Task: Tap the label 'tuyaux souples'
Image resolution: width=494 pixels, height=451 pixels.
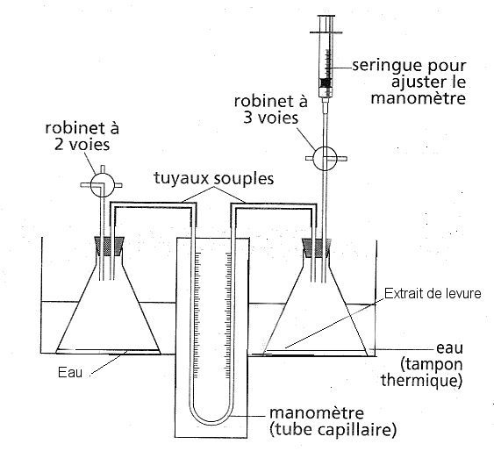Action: click(x=214, y=178)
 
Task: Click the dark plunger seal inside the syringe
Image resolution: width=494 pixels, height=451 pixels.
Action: click(x=326, y=82)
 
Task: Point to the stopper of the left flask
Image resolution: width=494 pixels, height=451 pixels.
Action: click(x=110, y=246)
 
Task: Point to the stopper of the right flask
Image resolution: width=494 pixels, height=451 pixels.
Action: click(x=316, y=247)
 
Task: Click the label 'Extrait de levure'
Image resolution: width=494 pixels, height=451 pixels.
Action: click(x=433, y=294)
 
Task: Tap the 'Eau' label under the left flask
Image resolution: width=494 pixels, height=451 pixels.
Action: click(x=70, y=372)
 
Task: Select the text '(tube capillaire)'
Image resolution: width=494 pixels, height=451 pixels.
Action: click(x=333, y=429)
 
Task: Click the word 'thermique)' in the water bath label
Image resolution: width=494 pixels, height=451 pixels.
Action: click(x=421, y=380)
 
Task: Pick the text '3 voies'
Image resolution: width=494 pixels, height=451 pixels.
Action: click(x=270, y=118)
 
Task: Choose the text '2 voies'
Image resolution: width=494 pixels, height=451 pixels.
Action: click(x=82, y=145)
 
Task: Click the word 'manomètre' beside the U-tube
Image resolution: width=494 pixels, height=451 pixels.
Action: click(x=317, y=413)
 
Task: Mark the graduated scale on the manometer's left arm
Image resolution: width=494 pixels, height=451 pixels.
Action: click(x=197, y=315)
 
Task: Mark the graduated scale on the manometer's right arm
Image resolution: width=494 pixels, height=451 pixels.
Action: click(x=228, y=315)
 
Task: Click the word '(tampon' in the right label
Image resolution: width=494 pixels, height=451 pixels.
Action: click(x=432, y=364)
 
